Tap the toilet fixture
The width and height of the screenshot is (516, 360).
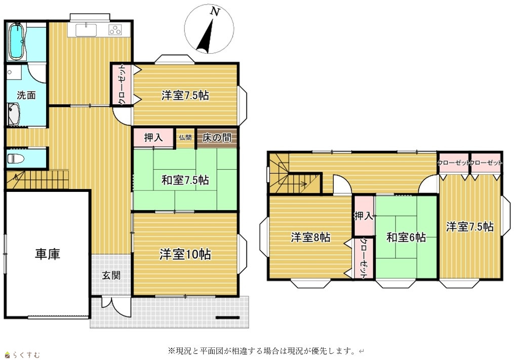click(16, 159)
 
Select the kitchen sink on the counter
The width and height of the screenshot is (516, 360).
click(86, 30)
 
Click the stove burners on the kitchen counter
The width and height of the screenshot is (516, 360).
click(115, 30)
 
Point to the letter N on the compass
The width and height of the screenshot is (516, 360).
click(215, 12)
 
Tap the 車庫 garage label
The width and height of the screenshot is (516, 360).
click(48, 254)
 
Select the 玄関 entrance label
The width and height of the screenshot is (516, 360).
click(111, 275)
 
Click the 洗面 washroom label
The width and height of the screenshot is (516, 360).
click(26, 95)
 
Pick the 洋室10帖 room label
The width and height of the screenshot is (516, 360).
click(185, 254)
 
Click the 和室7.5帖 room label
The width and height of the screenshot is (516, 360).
click(185, 180)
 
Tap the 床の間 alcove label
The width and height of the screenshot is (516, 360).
click(217, 138)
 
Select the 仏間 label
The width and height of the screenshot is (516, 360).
click(185, 138)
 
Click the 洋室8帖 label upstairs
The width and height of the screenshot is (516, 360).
click(310, 237)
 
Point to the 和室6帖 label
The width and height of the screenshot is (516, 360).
click(406, 237)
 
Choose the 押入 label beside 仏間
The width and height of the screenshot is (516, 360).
click(153, 138)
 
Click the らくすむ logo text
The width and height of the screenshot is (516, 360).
click(27, 355)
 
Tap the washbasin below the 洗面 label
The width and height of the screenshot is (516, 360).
click(14, 114)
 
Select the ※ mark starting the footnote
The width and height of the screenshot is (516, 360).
click(171, 351)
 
